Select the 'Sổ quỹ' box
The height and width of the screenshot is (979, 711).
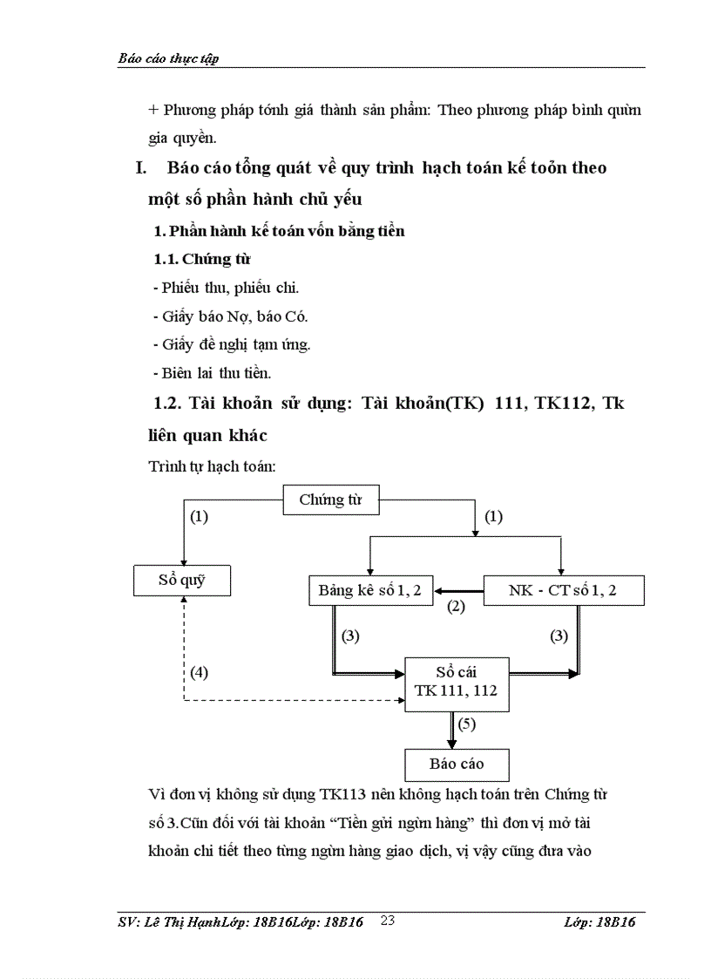(182, 580)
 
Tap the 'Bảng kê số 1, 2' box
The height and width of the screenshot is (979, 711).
(369, 591)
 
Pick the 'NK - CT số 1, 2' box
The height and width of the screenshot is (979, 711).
(563, 591)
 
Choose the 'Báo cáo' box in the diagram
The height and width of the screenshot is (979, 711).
(457, 765)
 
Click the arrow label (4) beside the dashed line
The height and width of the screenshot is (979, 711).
(200, 672)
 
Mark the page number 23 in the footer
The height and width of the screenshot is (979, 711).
(389, 921)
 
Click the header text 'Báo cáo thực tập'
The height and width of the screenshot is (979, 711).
(167, 58)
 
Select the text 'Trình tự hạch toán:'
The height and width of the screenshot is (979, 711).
(213, 466)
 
